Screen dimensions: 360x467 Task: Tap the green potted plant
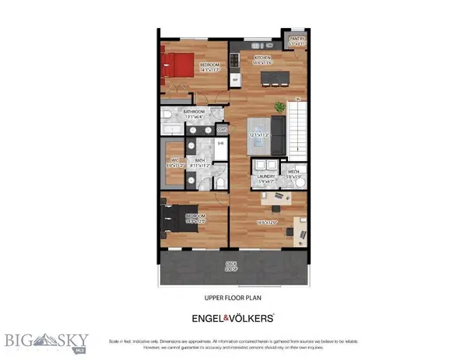[279, 105]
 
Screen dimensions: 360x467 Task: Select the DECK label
[231, 264]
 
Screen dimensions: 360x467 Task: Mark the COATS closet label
[222, 129]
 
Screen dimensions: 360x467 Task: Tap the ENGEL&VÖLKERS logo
[233, 317]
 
